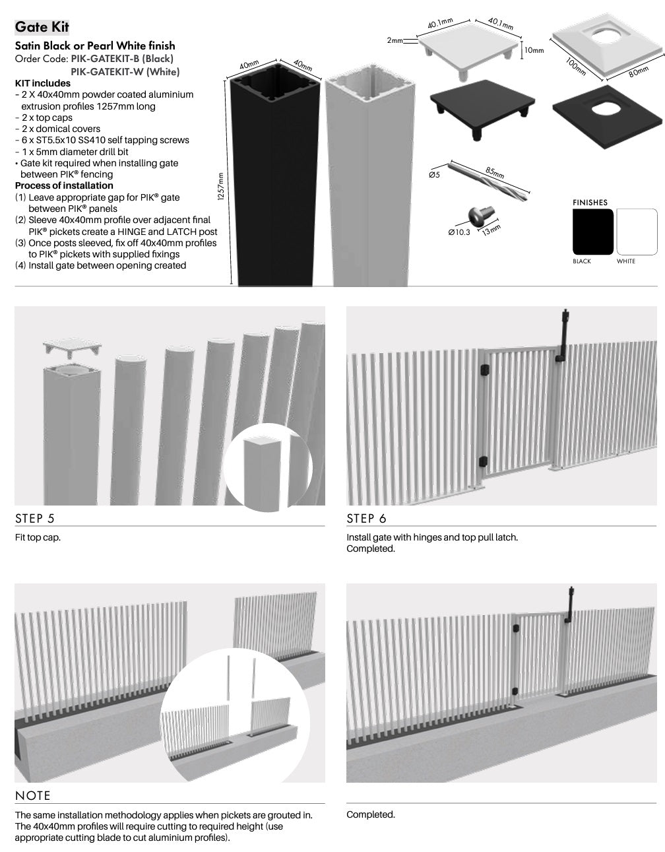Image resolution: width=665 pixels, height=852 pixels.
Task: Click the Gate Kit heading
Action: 42,27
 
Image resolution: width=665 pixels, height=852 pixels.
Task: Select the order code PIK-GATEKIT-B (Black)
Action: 122,59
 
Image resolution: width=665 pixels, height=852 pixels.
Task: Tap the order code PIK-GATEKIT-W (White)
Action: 125,72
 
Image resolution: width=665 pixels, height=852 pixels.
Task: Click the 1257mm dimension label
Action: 220,186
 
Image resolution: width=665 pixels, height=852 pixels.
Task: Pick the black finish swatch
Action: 593,232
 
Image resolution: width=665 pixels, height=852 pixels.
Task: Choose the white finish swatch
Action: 637,232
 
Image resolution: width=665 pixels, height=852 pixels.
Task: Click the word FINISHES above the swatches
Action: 590,203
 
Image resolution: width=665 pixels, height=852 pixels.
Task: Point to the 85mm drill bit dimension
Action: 495,172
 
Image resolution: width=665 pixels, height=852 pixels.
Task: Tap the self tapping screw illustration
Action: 481,214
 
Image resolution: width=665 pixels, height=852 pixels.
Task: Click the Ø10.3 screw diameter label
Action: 459,232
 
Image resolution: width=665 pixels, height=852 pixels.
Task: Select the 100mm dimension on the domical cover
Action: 575,66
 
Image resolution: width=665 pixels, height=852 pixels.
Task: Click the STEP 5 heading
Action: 34,518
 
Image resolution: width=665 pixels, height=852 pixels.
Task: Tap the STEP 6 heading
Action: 366,518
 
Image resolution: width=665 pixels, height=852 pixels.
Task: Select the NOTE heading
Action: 32,795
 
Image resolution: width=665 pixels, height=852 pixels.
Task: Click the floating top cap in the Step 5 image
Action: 72,347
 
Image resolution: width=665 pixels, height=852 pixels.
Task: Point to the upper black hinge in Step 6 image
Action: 484,369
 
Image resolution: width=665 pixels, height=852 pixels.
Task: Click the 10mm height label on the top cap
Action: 534,50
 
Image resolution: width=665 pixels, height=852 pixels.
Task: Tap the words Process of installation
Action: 64,185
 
